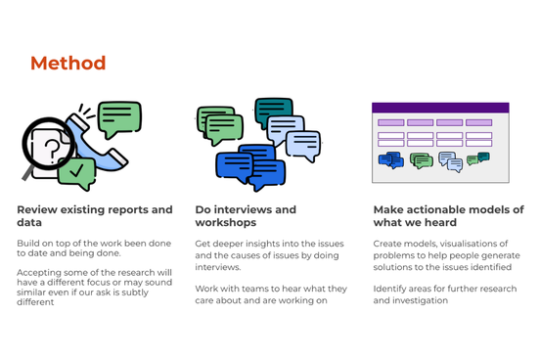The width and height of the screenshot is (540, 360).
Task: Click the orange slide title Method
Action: (67, 64)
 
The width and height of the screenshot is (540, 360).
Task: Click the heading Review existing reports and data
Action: (94, 215)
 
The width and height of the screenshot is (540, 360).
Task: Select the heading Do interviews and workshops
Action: (245, 215)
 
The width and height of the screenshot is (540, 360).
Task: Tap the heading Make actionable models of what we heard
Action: (448, 215)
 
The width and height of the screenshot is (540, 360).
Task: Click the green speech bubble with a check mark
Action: (76, 172)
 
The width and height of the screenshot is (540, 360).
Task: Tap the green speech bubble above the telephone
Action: (119, 117)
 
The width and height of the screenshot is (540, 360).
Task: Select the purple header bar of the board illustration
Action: (440, 108)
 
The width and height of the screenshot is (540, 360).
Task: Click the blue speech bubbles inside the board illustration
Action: (390, 159)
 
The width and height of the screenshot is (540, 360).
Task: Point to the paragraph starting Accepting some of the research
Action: (93, 287)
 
